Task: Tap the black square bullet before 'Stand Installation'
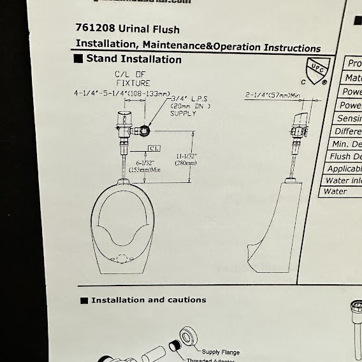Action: (x=79, y=60)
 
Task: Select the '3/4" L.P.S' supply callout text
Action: (x=189, y=99)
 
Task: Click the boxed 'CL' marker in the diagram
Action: (x=154, y=148)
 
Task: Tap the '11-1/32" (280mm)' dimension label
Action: (x=185, y=160)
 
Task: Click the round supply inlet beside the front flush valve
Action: (x=146, y=131)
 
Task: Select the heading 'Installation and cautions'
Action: (x=148, y=300)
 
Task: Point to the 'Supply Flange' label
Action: (x=220, y=351)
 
